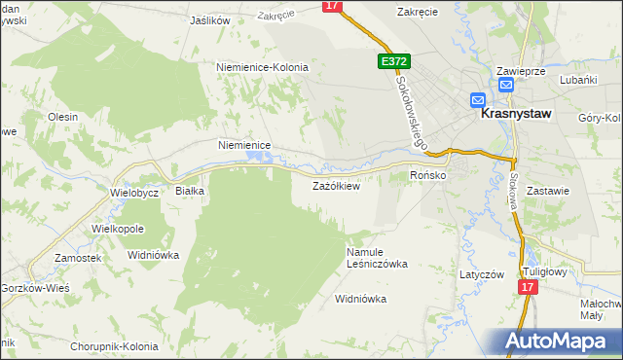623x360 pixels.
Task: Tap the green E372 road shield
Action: coord(394,61)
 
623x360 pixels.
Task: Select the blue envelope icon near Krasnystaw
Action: coord(478,99)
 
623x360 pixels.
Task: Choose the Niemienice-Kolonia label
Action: coord(262,67)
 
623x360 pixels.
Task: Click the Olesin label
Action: coord(62,116)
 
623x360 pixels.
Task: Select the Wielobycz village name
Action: coord(134,193)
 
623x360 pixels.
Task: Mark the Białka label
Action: coord(189,191)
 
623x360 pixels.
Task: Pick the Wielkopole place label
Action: coord(118,229)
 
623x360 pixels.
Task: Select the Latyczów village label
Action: coord(482,274)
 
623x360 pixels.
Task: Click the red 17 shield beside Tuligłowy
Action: coord(528,288)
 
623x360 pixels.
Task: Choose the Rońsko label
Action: coord(427,175)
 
